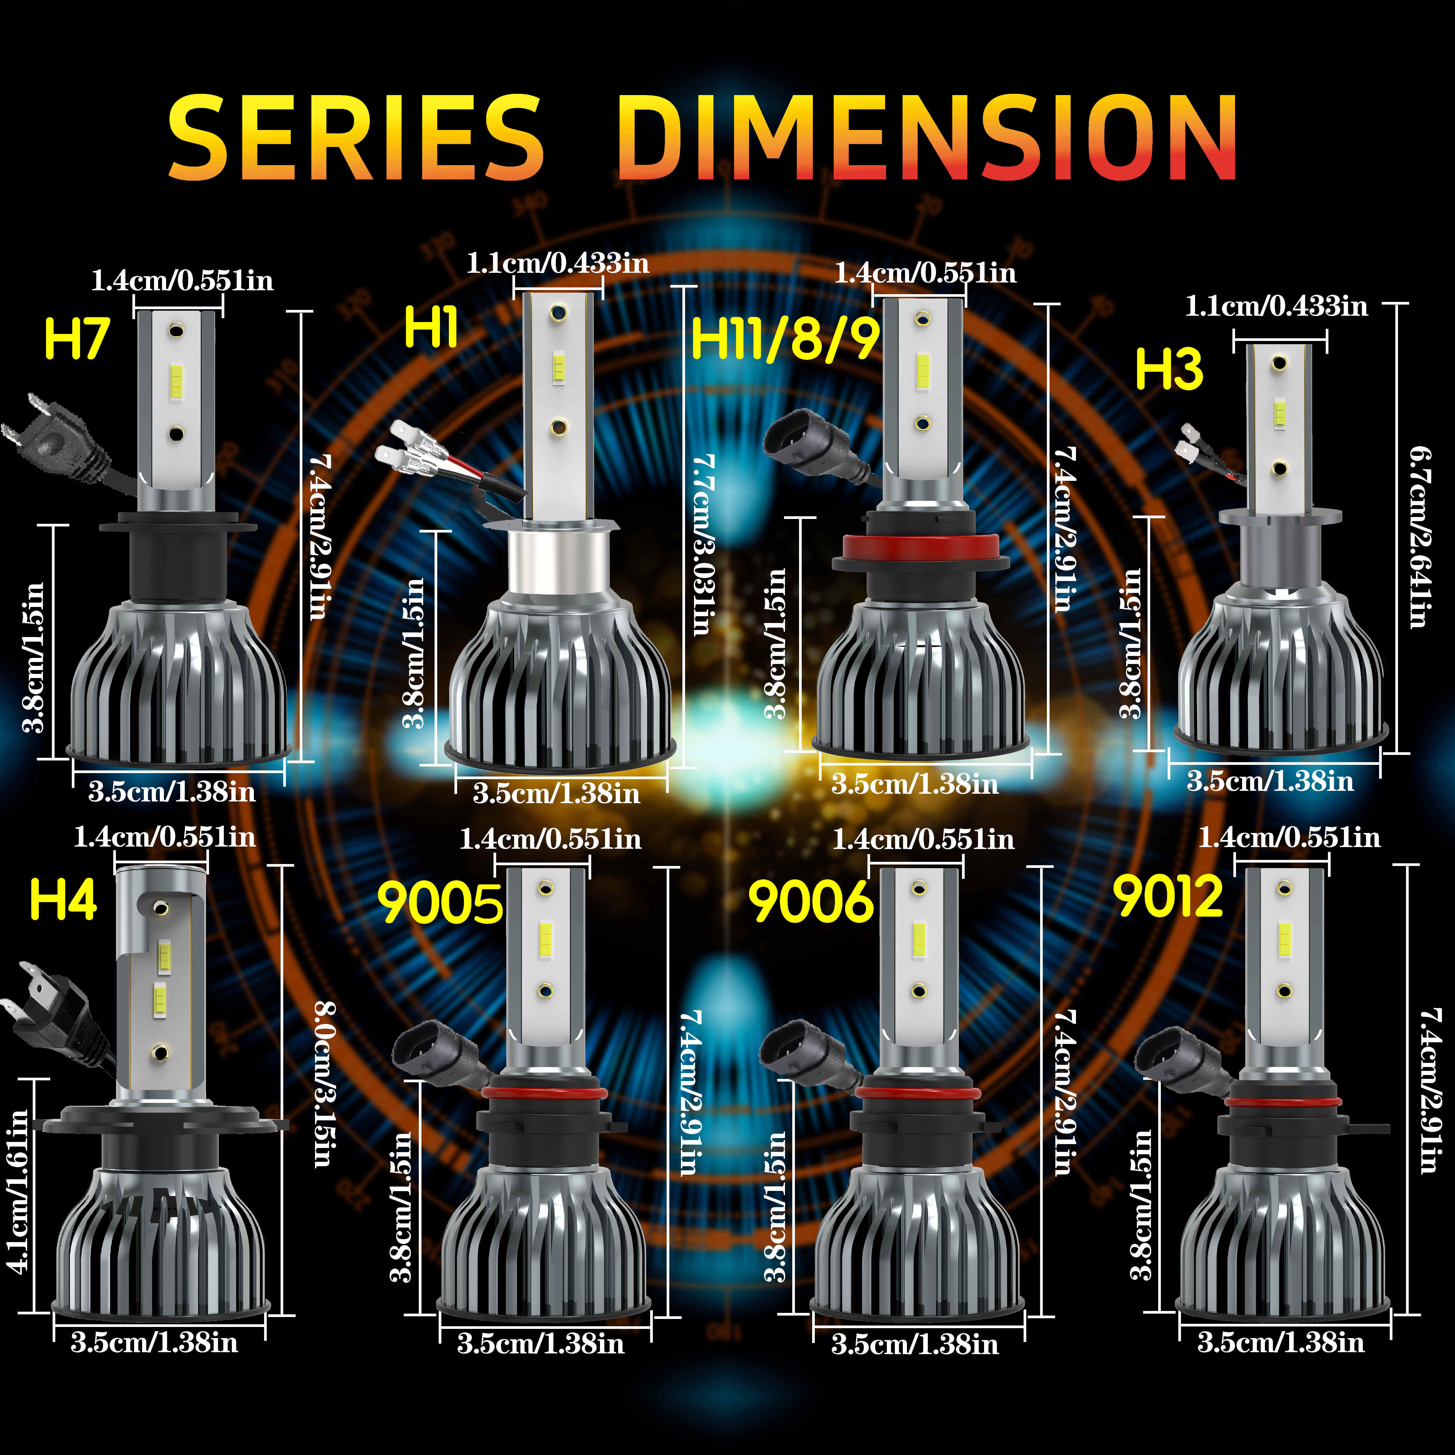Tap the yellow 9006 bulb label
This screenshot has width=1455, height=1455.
coord(811,902)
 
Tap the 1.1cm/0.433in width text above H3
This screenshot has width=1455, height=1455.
coord(1277,307)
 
